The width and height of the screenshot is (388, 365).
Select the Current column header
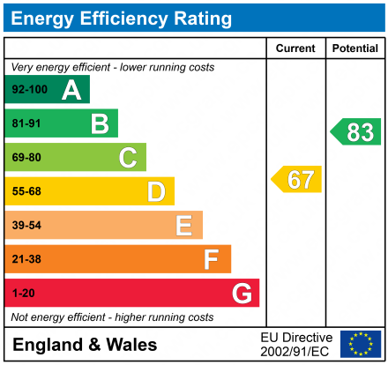tap(295, 48)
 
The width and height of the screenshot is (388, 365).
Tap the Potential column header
tap(354, 48)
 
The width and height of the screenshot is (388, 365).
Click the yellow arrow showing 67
tap(297, 179)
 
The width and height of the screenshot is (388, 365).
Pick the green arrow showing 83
tap(356, 132)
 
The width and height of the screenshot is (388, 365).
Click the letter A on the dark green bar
tap(71, 90)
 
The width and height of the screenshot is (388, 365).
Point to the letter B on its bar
tap(100, 123)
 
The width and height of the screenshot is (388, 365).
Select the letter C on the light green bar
tap(128, 158)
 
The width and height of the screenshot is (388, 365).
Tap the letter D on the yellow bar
tap(156, 191)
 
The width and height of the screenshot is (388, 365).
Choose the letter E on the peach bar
tap(183, 226)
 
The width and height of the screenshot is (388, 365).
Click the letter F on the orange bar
tap(212, 259)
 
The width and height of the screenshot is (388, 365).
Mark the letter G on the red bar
tap(241, 293)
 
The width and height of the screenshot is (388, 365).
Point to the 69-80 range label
tap(26, 158)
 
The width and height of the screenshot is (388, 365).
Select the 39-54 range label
tap(26, 226)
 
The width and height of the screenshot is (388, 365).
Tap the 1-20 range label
tap(23, 293)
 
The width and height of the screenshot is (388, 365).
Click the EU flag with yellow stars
tap(361, 344)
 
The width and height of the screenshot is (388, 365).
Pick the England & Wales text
tap(85, 345)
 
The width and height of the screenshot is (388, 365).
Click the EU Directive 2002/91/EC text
tap(297, 344)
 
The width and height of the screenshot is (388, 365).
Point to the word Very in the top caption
tap(23, 67)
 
